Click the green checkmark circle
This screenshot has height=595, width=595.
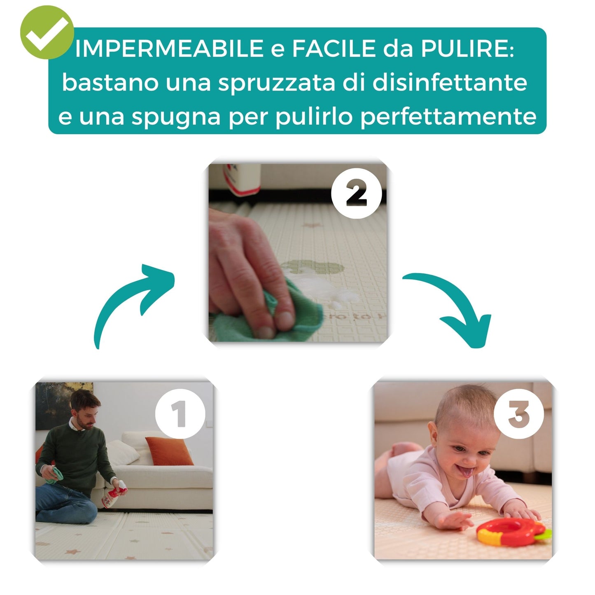pos(47,33)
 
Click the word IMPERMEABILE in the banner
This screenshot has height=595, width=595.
pos(169,49)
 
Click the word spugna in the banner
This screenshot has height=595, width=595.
pos(176,117)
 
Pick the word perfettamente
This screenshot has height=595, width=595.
pos(448,117)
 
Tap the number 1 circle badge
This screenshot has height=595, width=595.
pos(180,414)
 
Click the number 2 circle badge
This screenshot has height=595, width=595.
pos(357,193)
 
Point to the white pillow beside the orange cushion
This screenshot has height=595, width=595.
pos(123,452)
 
